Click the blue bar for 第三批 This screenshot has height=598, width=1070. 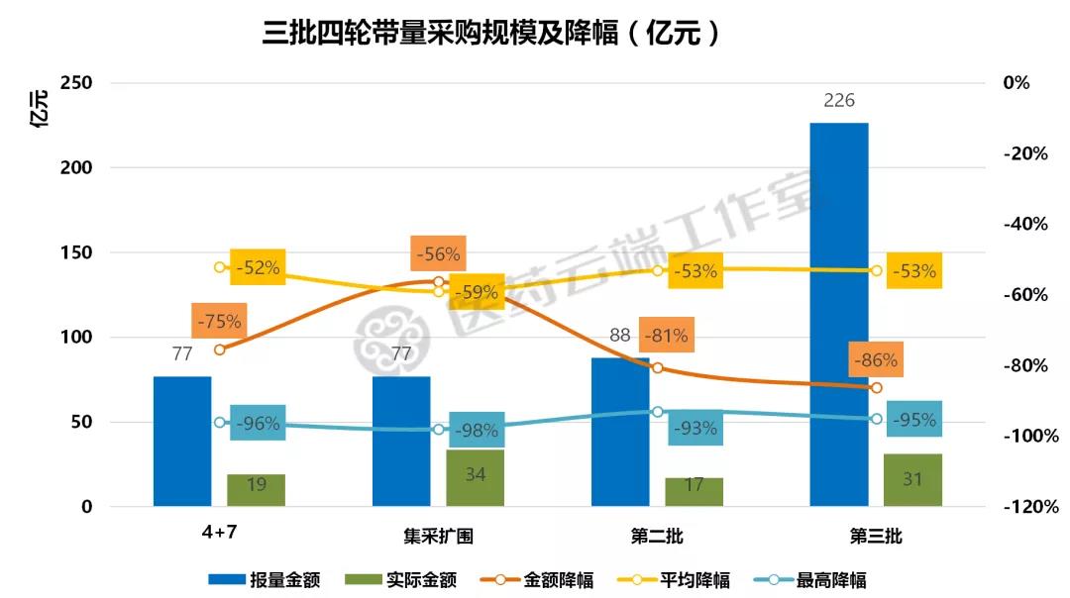(838, 314)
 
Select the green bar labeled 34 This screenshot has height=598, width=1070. (475, 477)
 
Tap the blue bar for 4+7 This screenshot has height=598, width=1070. (182, 441)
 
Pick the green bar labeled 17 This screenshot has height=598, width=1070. (694, 491)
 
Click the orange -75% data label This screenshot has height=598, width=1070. (219, 321)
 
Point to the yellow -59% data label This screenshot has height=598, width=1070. (476, 292)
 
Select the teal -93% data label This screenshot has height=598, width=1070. (694, 429)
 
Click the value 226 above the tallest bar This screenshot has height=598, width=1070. (838, 100)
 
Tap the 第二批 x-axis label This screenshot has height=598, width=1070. (657, 537)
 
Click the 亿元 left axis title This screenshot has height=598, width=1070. (41, 110)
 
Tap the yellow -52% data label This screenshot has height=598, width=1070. (258, 267)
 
